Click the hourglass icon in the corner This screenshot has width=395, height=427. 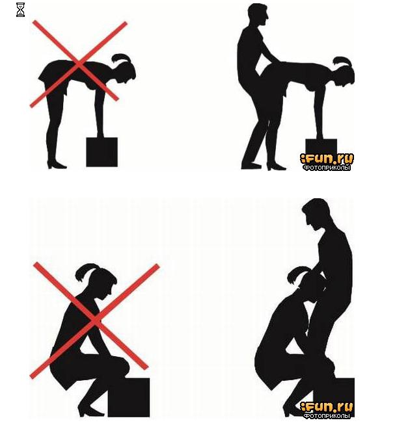point(20,10)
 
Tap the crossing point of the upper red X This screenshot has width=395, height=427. point(78,64)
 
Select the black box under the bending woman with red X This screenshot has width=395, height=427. point(102,152)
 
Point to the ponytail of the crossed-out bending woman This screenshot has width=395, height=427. point(120,58)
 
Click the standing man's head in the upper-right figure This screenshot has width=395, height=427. point(258,15)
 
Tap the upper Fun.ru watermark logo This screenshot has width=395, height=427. point(327,159)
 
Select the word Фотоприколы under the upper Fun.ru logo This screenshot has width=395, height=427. point(327,168)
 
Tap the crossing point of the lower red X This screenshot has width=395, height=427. point(94,320)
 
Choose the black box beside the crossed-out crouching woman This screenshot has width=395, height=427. point(129,397)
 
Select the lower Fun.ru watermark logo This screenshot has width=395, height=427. point(327,407)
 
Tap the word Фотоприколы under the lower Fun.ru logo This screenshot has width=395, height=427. point(327,416)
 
